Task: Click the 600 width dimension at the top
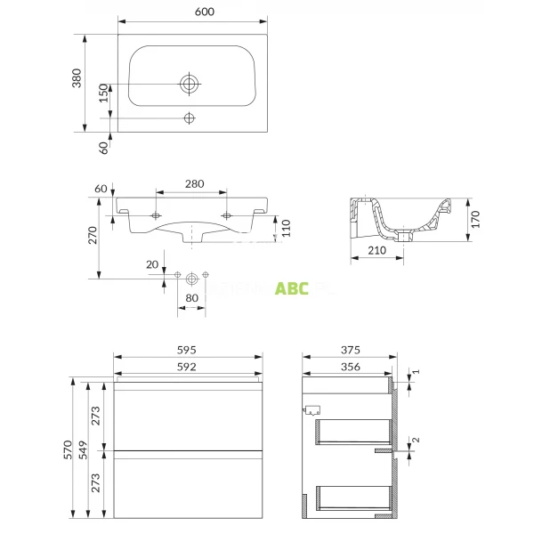(190, 12)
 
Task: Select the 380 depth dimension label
(77, 78)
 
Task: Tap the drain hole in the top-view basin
(189, 84)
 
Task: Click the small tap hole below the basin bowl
(189, 118)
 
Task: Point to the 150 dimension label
(103, 94)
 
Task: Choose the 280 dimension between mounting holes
(193, 184)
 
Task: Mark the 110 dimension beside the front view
(285, 230)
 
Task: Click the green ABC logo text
(291, 288)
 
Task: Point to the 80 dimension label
(190, 298)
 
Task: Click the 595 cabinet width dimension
(187, 350)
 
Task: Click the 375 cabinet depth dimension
(348, 350)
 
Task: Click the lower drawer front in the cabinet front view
(188, 486)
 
